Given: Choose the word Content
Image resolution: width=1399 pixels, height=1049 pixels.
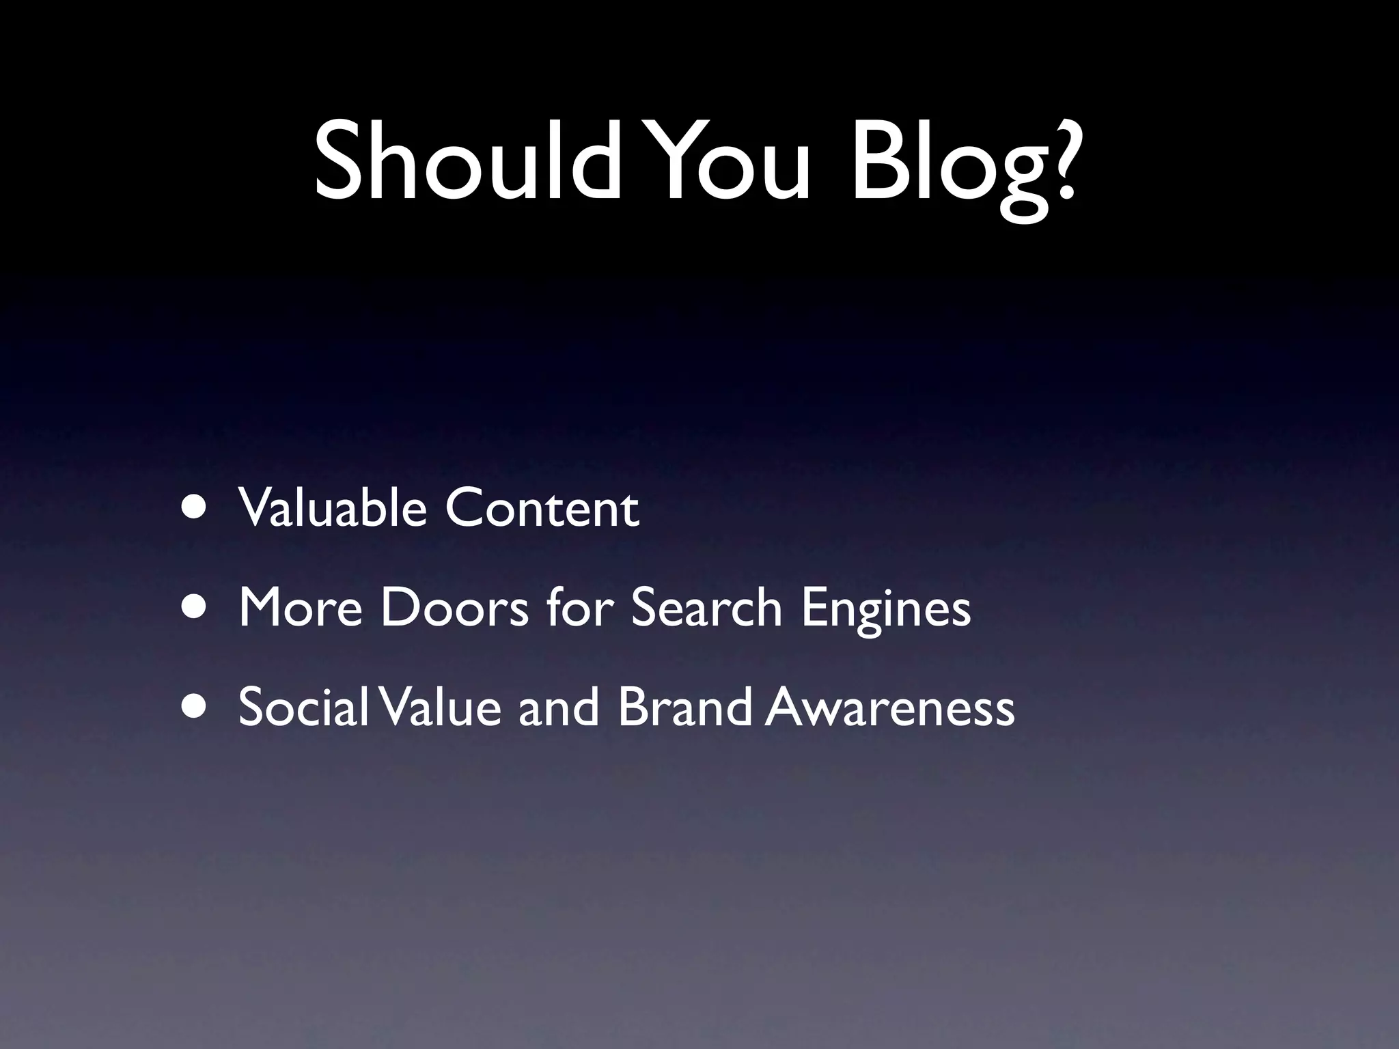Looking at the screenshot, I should (x=542, y=509).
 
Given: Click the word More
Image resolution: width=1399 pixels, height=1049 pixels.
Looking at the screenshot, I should (x=301, y=607).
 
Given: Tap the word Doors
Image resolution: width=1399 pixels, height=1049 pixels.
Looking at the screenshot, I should (x=454, y=607).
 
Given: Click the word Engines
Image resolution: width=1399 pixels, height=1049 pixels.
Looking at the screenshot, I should (x=886, y=610).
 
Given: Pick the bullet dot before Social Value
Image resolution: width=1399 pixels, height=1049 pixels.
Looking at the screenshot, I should (x=197, y=706).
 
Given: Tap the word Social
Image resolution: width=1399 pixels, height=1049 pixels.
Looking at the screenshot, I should (x=303, y=706).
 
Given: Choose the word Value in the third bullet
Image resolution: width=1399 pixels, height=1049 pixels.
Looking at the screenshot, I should (x=438, y=707).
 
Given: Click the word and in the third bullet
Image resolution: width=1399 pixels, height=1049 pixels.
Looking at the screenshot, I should (x=559, y=707).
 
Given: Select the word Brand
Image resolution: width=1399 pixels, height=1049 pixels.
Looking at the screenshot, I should (x=684, y=706).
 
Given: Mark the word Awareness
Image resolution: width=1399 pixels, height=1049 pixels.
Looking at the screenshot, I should (x=889, y=708).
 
